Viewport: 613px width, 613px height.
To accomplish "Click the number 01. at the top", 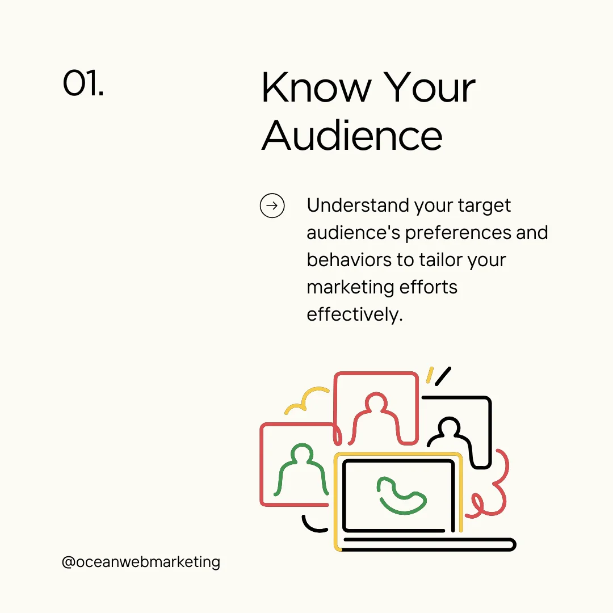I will click(83, 83).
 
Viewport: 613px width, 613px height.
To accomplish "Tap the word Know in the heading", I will click(314, 89).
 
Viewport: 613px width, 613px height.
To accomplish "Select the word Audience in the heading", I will click(352, 136).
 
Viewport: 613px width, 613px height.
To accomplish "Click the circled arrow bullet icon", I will click(272, 205).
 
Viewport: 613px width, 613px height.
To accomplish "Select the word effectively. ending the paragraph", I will click(354, 314).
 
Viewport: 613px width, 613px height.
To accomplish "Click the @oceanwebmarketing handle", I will click(141, 562).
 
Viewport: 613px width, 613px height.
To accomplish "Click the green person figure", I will click(301, 471).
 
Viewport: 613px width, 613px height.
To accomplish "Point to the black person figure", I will click(450, 434).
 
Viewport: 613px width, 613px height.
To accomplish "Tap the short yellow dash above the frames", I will click(430, 375).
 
